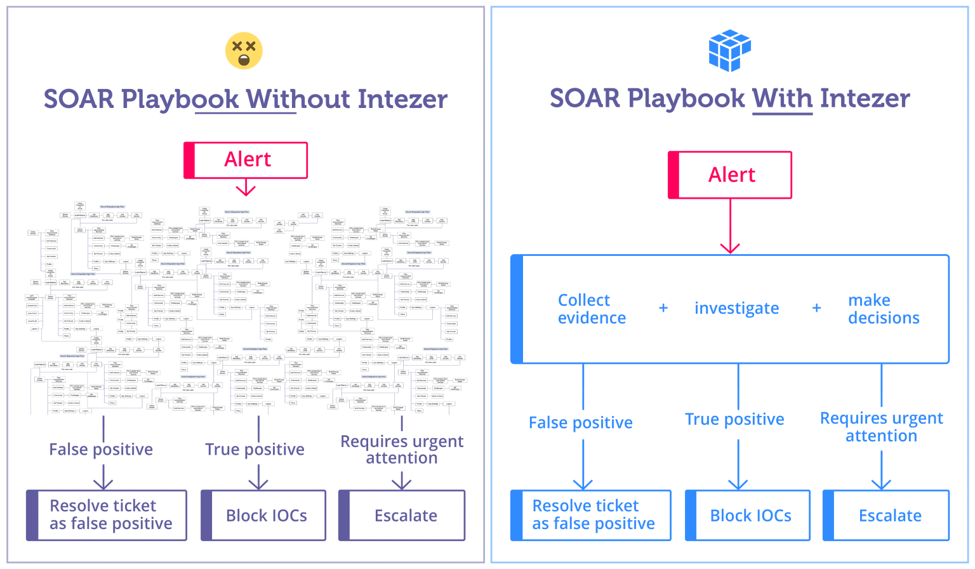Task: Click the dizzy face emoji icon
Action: tap(244, 50)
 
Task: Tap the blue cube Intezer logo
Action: tap(729, 50)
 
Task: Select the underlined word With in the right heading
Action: tap(782, 98)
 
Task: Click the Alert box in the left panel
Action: tap(246, 160)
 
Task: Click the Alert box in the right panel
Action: tap(730, 175)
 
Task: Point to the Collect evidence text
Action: tap(592, 309)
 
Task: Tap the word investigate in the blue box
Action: tap(736, 308)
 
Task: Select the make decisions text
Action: tap(883, 309)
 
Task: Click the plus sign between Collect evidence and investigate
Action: tap(663, 308)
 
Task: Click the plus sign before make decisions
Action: tap(817, 308)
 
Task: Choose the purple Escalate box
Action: tap(402, 515)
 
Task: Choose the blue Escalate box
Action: tap(886, 515)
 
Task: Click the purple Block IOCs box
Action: tap(263, 515)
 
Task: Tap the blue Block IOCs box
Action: tap(748, 515)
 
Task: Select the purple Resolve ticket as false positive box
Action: tap(107, 515)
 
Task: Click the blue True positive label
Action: tap(734, 419)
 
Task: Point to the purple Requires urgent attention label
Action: tap(402, 449)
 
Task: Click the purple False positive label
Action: tap(101, 450)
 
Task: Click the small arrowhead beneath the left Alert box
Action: tap(246, 190)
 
